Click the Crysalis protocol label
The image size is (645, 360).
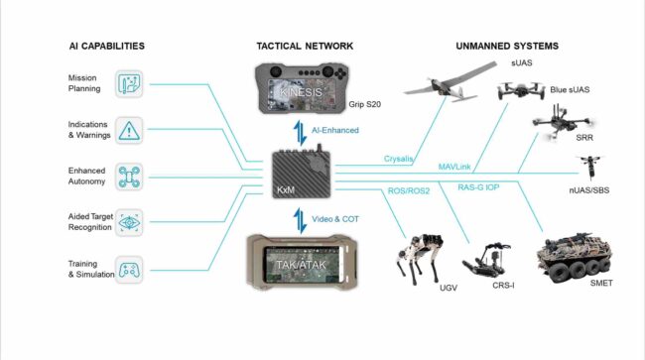pyautogui.click(x=401, y=159)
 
